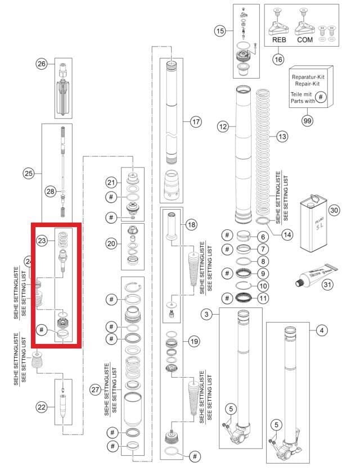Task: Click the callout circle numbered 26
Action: tap(41, 64)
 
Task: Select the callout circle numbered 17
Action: tap(196, 121)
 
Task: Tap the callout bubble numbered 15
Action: tap(220, 31)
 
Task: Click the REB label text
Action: tap(280, 41)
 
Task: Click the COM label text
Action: tap(305, 41)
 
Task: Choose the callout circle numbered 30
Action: tap(334, 211)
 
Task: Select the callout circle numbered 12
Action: tap(223, 127)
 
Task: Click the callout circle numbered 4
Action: tap(322, 330)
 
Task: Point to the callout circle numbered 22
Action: tap(41, 406)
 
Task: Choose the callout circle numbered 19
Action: tap(195, 341)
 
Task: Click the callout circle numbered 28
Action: tap(50, 192)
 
